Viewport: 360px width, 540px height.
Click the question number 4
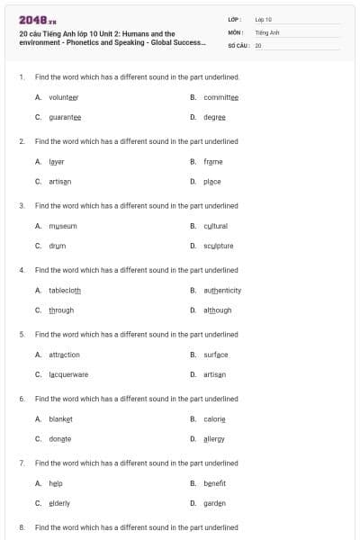(22, 270)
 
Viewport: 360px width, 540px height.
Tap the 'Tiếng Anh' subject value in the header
(267, 31)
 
